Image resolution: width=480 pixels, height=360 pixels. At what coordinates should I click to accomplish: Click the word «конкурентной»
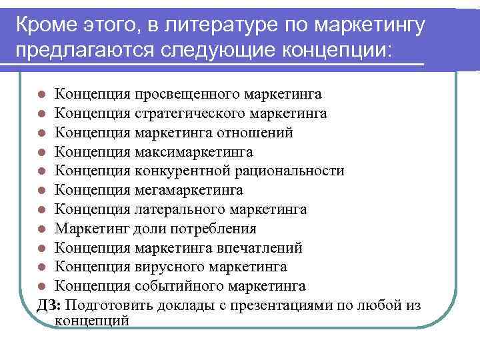pyautogui.click(x=176, y=171)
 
